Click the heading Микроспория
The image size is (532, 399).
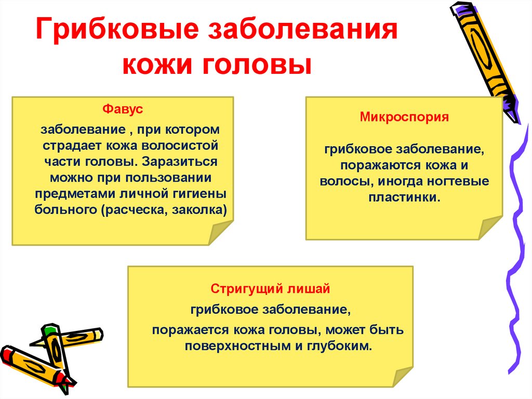404,118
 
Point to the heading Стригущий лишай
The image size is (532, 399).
270,288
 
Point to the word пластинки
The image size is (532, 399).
404,198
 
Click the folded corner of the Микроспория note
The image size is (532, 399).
490,227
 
